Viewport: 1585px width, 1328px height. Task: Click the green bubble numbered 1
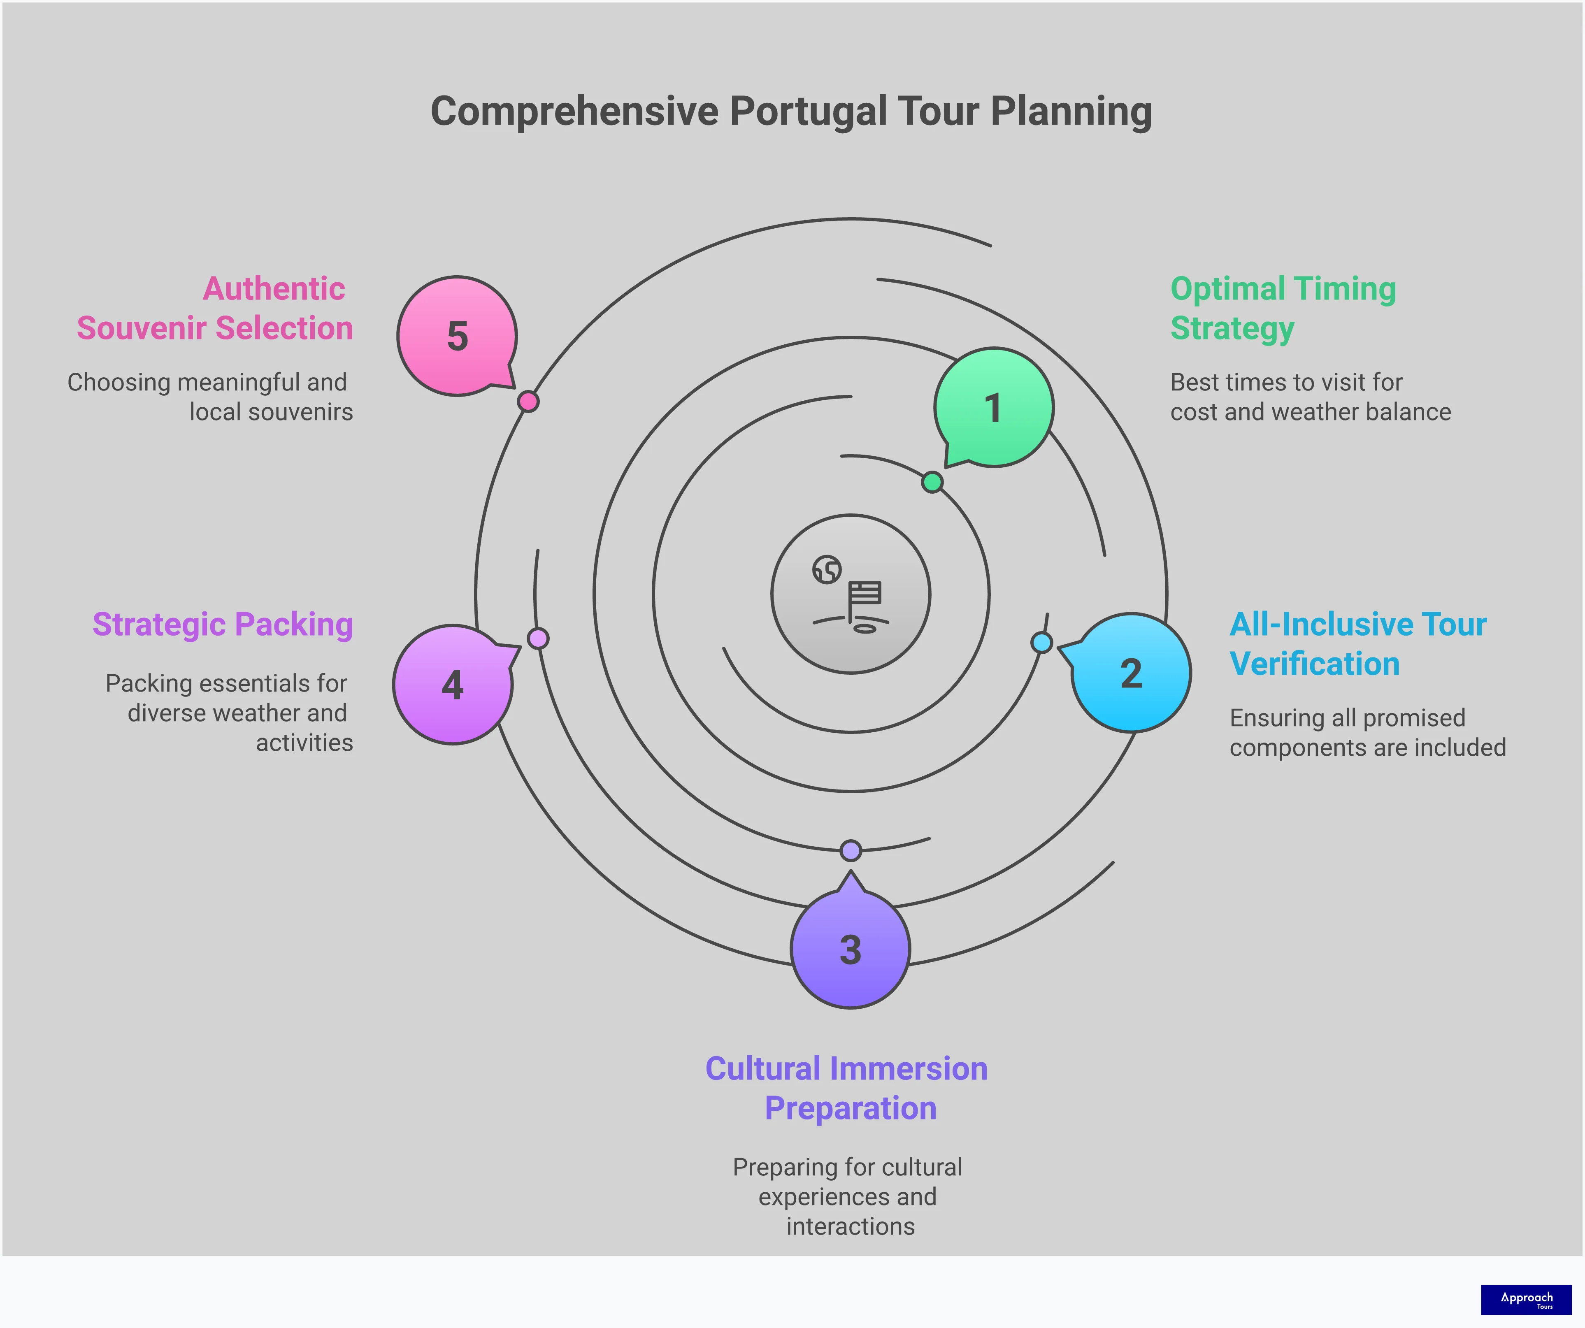click(x=993, y=407)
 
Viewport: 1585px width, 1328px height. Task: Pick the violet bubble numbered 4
click(x=453, y=685)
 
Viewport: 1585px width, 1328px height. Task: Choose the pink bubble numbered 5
click(x=458, y=336)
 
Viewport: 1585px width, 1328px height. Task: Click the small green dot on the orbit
click(x=932, y=482)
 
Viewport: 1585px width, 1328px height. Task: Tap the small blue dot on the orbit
click(x=1041, y=643)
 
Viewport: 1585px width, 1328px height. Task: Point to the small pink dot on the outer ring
click(x=528, y=402)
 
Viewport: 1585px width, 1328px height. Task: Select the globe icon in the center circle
click(x=827, y=570)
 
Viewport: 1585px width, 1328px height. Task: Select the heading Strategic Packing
click(x=223, y=625)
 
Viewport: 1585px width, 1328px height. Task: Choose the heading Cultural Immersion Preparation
click(x=847, y=1088)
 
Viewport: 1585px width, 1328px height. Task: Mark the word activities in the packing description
click(x=304, y=743)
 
